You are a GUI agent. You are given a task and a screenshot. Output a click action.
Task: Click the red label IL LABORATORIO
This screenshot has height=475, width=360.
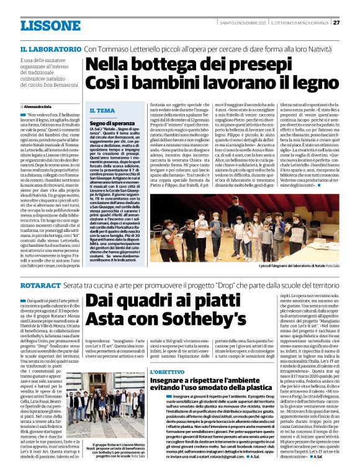click(x=50, y=48)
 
